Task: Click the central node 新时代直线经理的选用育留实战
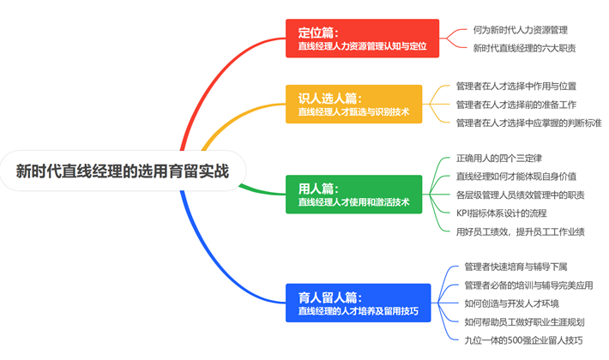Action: click(123, 171)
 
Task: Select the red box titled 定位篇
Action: click(362, 39)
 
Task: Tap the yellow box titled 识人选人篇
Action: click(354, 104)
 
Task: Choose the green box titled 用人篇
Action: click(354, 195)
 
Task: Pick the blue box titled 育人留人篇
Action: click(358, 303)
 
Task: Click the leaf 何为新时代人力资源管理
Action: click(520, 30)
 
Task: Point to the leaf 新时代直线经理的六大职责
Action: click(524, 48)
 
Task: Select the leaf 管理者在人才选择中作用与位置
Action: click(516, 86)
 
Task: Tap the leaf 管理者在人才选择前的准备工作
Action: click(516, 105)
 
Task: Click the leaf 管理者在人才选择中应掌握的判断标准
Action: click(528, 123)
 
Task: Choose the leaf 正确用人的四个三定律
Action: click(499, 159)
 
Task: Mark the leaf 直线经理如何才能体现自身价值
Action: click(516, 177)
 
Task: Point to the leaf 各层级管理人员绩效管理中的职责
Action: click(521, 195)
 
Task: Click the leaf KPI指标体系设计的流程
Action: click(502, 213)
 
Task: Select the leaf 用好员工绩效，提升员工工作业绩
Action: click(521, 232)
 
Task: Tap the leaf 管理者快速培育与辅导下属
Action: click(516, 267)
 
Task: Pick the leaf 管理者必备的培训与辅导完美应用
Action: click(528, 285)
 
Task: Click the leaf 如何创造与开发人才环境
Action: click(511, 303)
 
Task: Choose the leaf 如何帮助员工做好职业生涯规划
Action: click(524, 322)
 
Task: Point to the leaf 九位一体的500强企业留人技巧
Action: click(523, 340)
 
